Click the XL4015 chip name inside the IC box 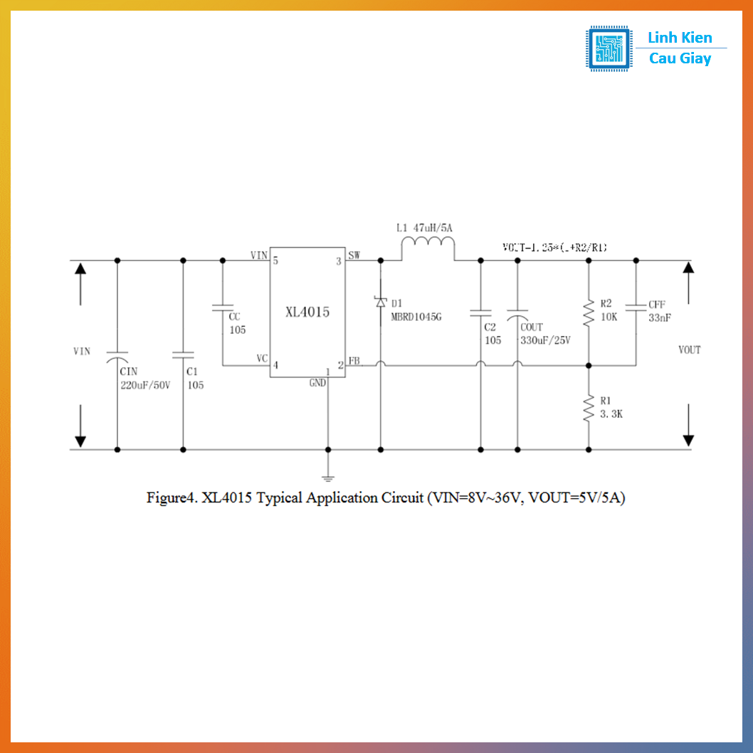(307, 312)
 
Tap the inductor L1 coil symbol (428, 248)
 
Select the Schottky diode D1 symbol (380, 302)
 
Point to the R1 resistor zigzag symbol (589, 409)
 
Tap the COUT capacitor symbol (517, 314)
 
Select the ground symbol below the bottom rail (328, 477)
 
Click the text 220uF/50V (145, 385)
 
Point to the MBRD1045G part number (416, 317)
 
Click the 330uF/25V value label (545, 340)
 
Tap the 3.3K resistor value (611, 414)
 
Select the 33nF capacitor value (659, 318)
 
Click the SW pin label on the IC (354, 255)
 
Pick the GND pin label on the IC (317, 383)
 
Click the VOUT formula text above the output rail (554, 247)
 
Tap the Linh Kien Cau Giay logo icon (609, 48)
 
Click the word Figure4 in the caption (171, 497)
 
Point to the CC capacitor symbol (222, 309)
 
